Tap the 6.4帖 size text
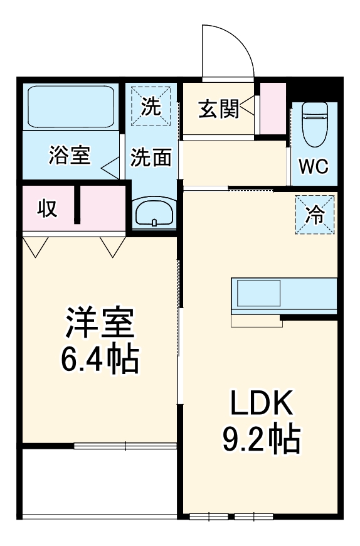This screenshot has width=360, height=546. tap(99, 359)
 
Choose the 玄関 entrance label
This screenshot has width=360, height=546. tap(218, 109)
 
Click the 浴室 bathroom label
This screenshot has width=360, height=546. tap(69, 156)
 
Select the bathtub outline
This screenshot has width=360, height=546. tap(70, 105)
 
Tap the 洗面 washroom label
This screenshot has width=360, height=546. tap(151, 157)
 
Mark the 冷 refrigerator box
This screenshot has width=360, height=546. tap(315, 215)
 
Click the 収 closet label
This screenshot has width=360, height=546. tap(46, 208)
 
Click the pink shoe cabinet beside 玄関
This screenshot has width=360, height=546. tap(273, 107)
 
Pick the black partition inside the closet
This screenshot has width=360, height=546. tap(78, 205)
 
